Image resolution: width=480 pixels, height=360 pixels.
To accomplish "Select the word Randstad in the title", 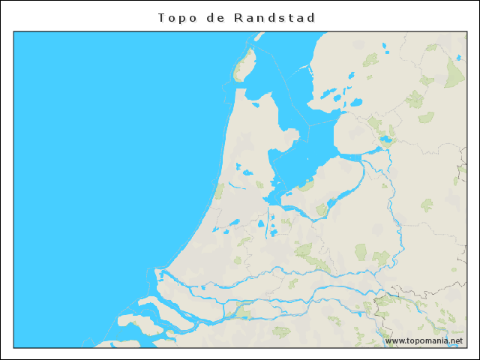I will (x=275, y=17).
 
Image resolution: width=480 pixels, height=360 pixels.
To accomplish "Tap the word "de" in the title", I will (x=214, y=17).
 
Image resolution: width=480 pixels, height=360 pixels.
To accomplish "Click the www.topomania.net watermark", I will (x=424, y=340).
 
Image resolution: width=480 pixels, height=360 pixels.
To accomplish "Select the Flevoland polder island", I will (x=330, y=180).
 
